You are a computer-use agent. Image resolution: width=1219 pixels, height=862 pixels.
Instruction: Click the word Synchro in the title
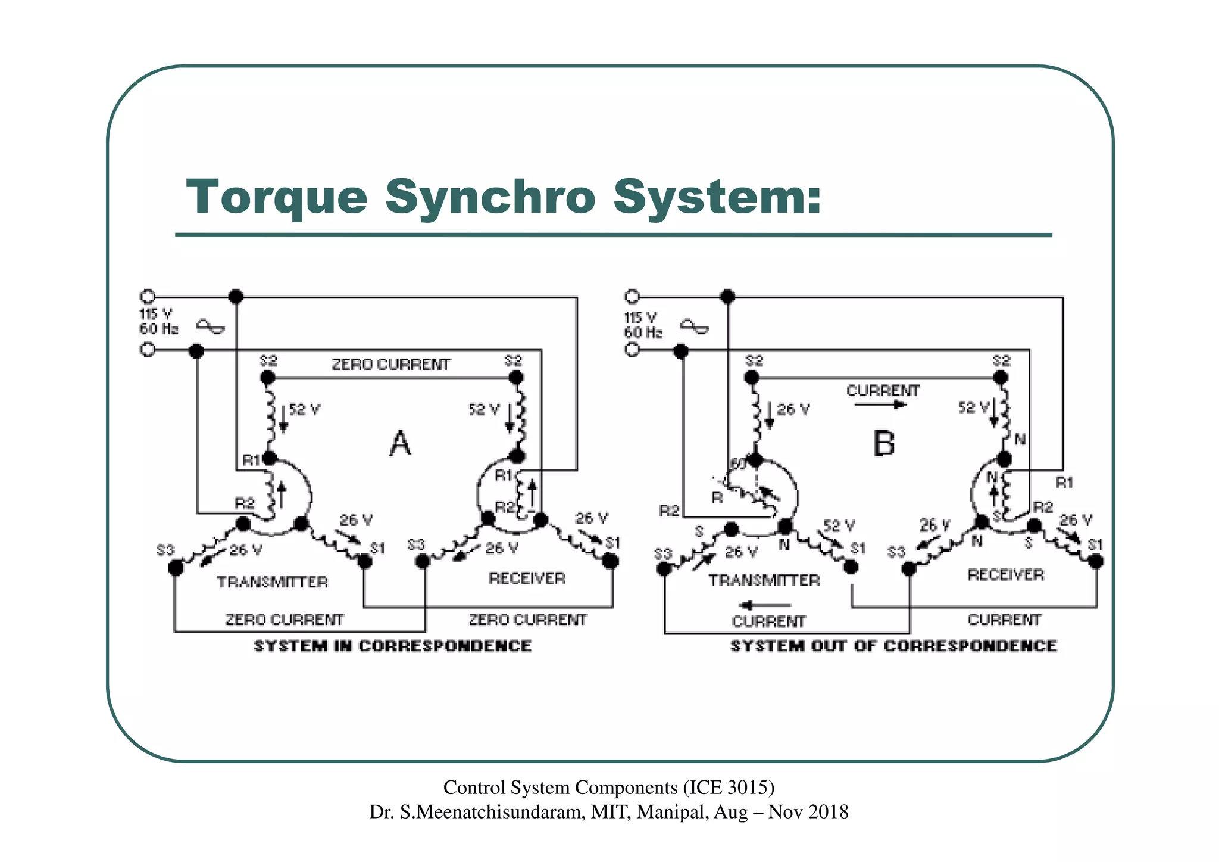[489, 198]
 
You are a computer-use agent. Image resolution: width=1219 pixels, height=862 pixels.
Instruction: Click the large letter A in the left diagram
[400, 444]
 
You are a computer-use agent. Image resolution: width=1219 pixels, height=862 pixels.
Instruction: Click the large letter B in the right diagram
[884, 444]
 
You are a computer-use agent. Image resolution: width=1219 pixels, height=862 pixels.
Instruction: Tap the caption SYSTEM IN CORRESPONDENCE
[392, 646]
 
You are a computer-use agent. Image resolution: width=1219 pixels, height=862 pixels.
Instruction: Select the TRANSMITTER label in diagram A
[272, 582]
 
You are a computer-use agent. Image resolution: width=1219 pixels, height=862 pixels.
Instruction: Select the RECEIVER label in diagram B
[1005, 575]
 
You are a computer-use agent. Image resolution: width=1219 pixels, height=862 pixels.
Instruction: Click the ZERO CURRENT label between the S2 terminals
[391, 365]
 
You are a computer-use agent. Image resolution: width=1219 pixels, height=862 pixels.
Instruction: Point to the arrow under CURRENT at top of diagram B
[880, 405]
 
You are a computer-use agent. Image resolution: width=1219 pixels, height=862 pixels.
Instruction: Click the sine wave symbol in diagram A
[211, 326]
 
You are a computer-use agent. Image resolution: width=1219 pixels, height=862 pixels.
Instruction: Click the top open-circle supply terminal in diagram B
[632, 297]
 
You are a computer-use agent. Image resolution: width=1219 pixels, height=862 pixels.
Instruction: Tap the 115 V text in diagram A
[156, 314]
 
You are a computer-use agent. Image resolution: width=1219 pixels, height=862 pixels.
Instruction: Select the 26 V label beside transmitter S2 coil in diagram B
[793, 410]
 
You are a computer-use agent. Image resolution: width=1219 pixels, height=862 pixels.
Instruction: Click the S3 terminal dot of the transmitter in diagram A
[176, 568]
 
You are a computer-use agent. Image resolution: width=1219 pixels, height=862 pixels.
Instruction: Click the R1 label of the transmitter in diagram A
[251, 460]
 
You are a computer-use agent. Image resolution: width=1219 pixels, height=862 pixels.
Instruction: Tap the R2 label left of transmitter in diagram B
[669, 511]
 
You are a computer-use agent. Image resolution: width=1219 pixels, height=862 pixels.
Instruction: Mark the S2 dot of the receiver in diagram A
[516, 377]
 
